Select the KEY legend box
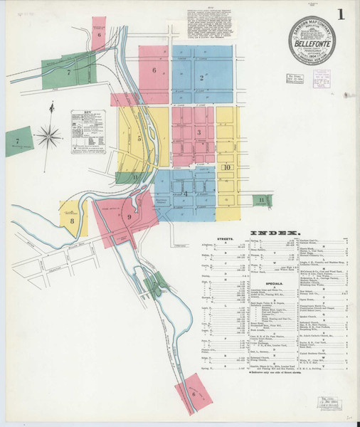coord(88,132)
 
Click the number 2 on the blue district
coord(202,78)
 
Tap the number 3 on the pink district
coord(200,132)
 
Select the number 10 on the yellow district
coord(227,167)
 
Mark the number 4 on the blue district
coord(186,193)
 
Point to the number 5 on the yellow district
coord(140,138)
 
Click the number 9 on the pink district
coord(129,217)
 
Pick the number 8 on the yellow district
coord(73,221)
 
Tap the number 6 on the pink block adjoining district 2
coord(153,70)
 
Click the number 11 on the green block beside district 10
coord(262,200)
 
